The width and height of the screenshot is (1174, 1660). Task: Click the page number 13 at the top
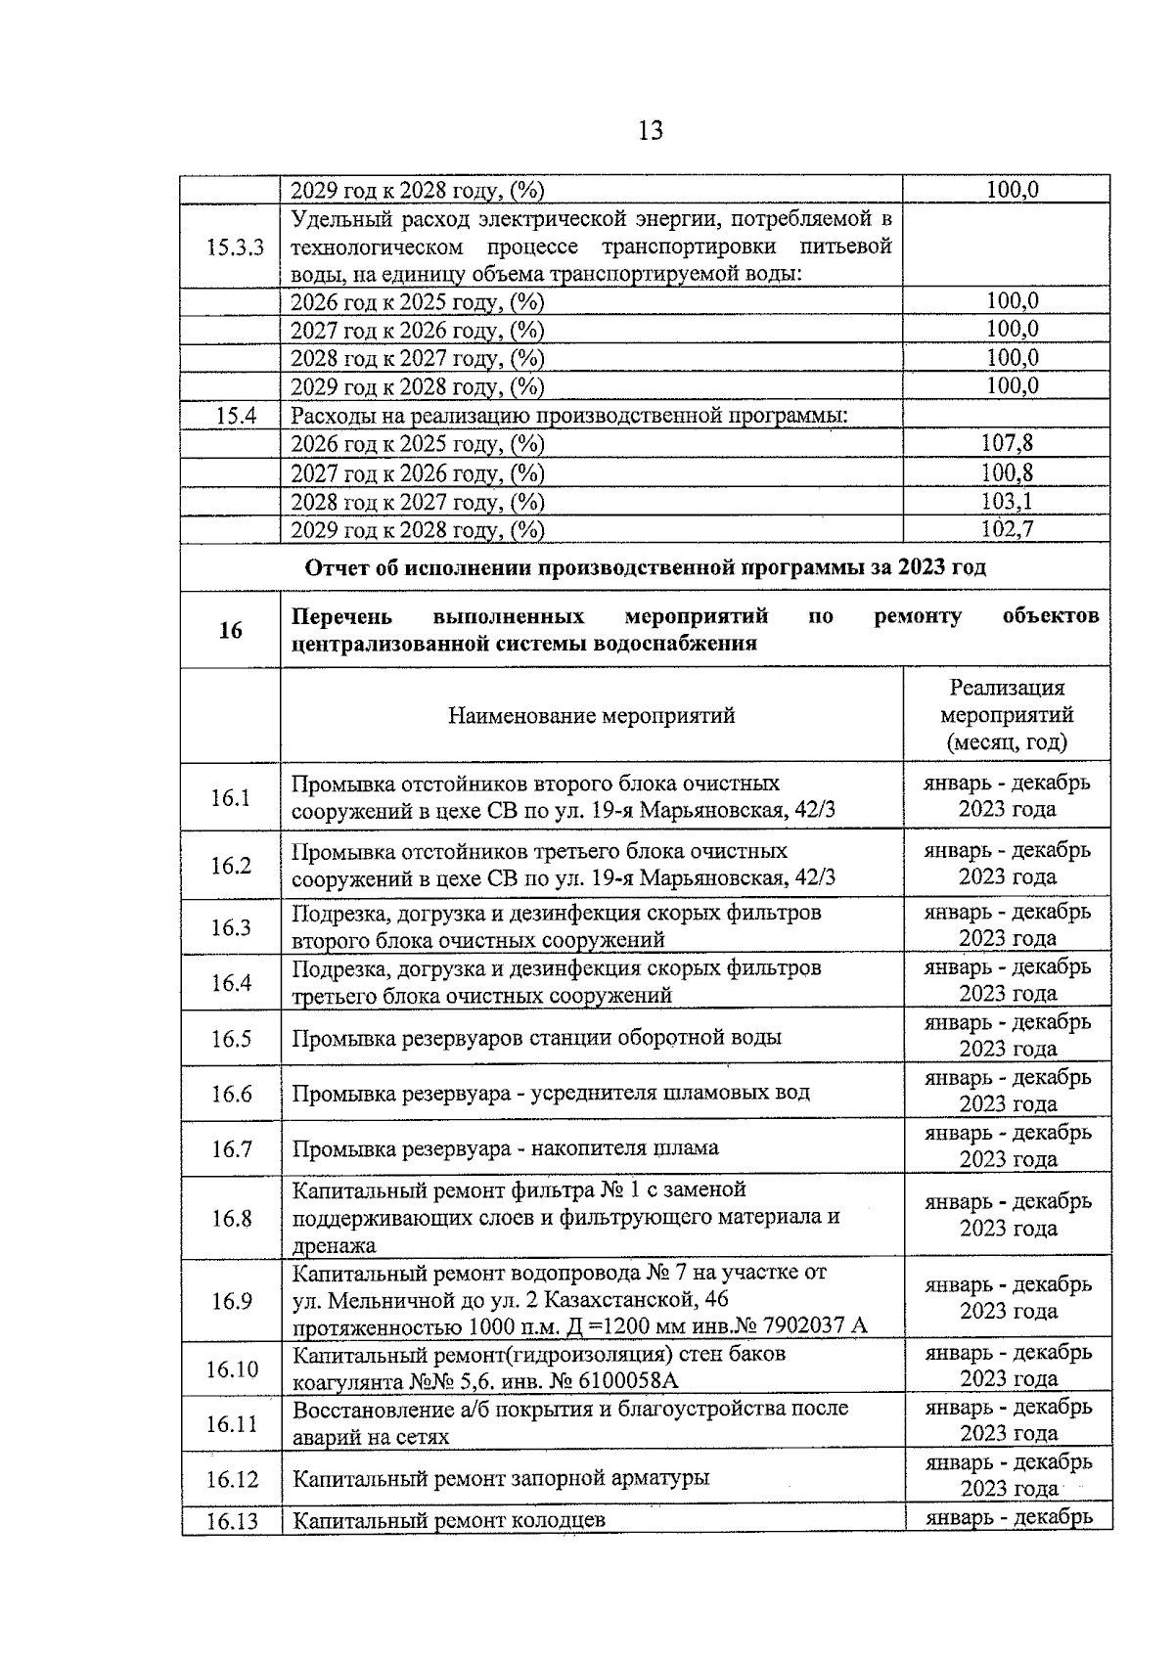(x=650, y=130)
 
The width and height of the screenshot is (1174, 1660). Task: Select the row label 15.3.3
(x=235, y=247)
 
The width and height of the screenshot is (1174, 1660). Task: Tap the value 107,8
(x=1007, y=444)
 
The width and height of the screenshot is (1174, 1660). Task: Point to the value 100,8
(x=1007, y=473)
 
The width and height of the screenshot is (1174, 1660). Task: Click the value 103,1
(x=1007, y=502)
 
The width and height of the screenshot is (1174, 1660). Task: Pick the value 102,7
(x=1007, y=530)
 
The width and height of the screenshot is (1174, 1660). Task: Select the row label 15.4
(x=235, y=416)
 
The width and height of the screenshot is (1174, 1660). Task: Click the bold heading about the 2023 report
(x=646, y=568)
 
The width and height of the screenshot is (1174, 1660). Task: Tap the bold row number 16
(x=231, y=631)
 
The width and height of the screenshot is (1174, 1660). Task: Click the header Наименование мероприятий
(x=591, y=716)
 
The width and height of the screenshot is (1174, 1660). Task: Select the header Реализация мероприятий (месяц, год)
(x=1007, y=715)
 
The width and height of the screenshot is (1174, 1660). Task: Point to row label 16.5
(x=231, y=1039)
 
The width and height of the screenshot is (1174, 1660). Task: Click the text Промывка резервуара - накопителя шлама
(x=505, y=1148)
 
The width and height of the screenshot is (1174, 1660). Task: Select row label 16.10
(x=231, y=1368)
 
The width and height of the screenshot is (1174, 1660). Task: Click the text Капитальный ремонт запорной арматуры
(x=501, y=1478)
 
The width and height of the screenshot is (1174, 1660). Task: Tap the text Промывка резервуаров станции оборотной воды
(x=536, y=1038)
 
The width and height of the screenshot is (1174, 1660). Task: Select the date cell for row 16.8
(x=1007, y=1216)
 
